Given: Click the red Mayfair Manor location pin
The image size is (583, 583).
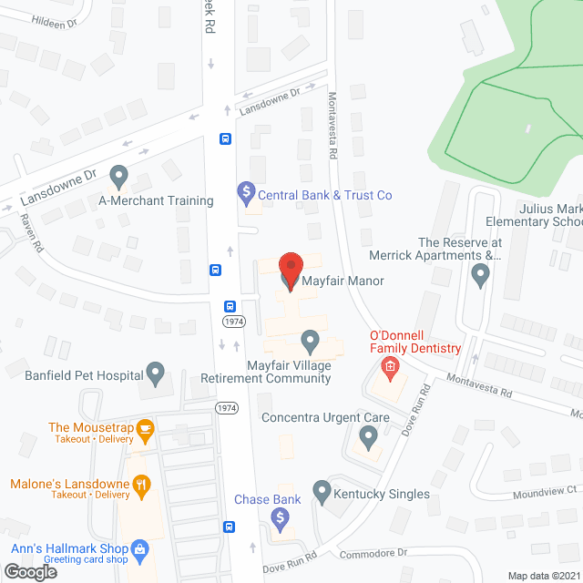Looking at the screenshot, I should (x=290, y=270).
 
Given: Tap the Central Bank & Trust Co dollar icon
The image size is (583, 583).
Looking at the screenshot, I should (x=244, y=192).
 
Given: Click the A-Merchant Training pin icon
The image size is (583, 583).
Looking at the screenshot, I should (x=118, y=174).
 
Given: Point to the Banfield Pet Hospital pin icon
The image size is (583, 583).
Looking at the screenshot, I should (x=156, y=372).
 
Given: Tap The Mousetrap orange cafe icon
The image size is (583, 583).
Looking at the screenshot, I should (x=144, y=428).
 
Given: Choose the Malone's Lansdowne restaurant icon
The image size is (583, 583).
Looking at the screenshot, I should (x=141, y=485).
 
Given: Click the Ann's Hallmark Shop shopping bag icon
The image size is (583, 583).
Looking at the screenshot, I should (x=139, y=548).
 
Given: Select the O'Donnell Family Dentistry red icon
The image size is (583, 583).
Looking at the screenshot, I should (x=390, y=368).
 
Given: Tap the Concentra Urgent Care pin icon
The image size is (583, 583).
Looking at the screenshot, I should (x=368, y=437).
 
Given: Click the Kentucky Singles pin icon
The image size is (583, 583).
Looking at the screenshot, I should (x=322, y=492).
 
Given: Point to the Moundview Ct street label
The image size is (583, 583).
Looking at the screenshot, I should (x=546, y=489).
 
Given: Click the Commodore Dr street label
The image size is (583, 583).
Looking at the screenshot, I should (x=373, y=553).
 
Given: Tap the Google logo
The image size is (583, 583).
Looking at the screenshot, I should (x=29, y=571).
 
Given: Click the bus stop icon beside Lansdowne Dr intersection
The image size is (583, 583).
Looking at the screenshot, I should (x=225, y=138).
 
